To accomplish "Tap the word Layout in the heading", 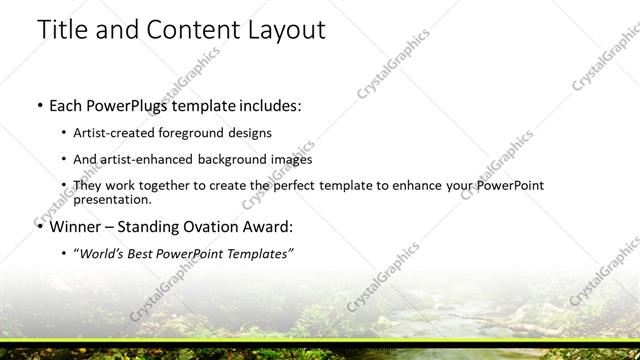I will (x=279, y=30).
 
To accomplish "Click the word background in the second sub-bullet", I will (x=244, y=159).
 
